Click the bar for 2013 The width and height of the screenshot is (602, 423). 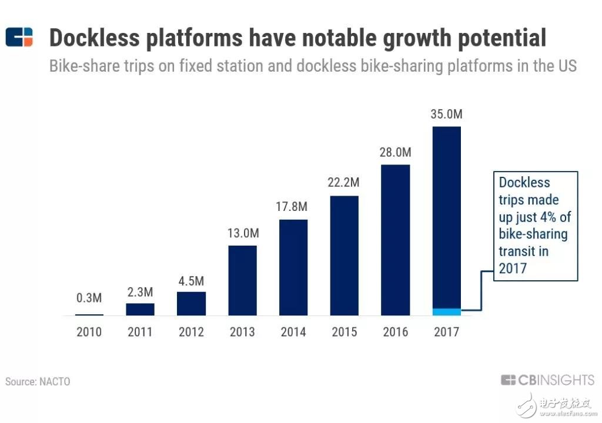tap(242, 280)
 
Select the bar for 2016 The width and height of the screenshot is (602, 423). tap(396, 240)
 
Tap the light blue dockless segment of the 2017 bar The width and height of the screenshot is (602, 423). tap(446, 311)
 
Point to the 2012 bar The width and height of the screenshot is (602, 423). tap(191, 303)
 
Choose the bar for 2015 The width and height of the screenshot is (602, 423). tap(345, 256)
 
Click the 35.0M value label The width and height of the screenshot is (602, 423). tap(446, 115)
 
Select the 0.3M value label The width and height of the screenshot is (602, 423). tap(89, 298)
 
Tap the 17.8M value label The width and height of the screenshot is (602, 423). tap(293, 207)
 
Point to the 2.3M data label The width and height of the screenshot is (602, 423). tap(141, 291)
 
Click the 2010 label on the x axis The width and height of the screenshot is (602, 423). tap(89, 332)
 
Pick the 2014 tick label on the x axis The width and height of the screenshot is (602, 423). tap(293, 332)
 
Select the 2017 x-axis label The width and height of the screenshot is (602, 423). tap(446, 332)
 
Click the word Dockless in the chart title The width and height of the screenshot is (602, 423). tap(95, 38)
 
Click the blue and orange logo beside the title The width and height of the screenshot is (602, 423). tap(19, 37)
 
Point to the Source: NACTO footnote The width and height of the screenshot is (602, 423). tap(38, 381)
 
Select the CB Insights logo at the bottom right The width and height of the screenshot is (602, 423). tap(547, 380)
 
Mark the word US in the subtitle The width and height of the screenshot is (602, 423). tap(566, 65)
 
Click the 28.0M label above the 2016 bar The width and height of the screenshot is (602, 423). tap(396, 152)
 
